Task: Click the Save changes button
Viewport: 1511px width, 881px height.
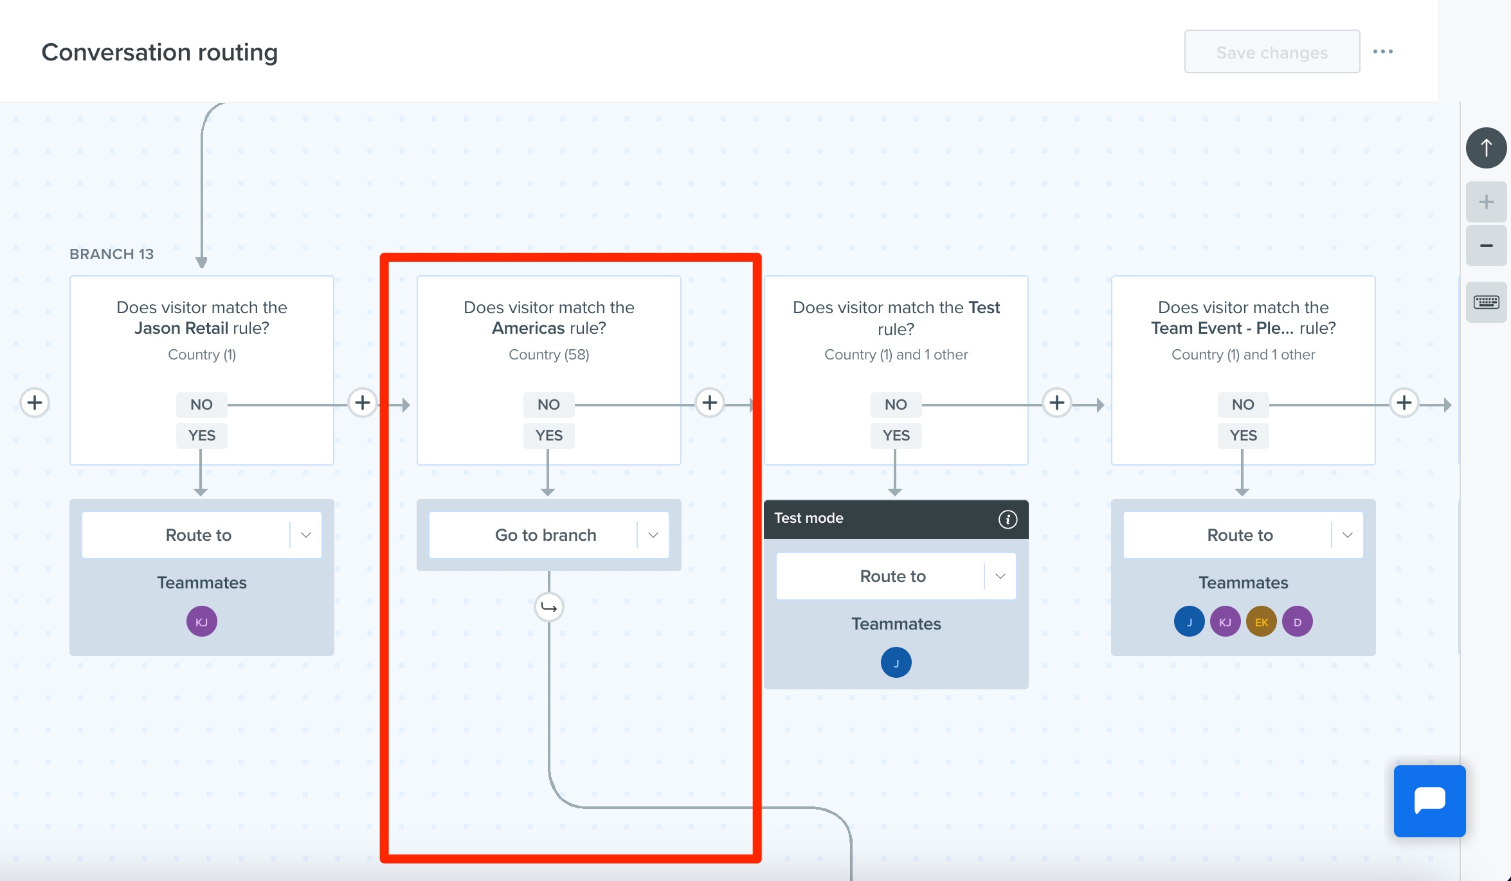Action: [1272, 52]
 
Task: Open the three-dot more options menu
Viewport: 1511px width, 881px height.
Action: [1383, 51]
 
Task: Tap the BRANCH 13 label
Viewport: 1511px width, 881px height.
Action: [112, 254]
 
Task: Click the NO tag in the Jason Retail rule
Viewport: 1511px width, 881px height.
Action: [201, 404]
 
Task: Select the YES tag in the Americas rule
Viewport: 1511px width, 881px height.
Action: [549, 435]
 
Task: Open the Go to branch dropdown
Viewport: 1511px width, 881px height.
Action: [549, 535]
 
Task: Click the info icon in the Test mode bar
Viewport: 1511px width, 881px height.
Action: [1008, 519]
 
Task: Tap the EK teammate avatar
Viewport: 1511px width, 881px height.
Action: [1262, 622]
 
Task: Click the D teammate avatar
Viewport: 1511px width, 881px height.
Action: [1298, 622]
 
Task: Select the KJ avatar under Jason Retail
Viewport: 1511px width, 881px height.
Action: [202, 622]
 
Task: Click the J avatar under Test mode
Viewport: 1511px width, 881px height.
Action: [896, 662]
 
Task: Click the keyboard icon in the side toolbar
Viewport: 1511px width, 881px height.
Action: [1487, 302]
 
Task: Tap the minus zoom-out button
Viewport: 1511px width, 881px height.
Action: [1487, 246]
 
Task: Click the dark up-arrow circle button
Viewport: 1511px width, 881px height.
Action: [1487, 148]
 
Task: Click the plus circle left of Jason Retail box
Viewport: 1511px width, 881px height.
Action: [35, 403]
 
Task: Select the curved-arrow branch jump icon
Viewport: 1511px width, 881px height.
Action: [549, 607]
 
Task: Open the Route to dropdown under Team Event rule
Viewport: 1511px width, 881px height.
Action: [1244, 535]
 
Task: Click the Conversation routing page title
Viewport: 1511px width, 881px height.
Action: [159, 52]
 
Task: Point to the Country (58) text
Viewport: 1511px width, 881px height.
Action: [549, 354]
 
